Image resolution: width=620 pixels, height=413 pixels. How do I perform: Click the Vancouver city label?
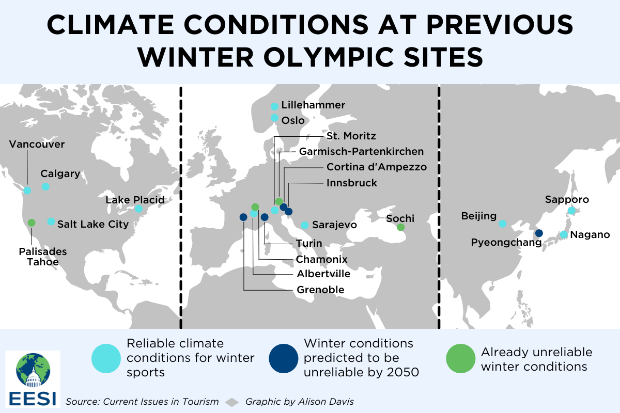37,144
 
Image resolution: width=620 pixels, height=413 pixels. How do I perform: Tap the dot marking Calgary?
45,186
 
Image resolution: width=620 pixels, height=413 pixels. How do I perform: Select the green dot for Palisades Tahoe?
32,223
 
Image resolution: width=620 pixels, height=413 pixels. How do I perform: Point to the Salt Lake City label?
93,224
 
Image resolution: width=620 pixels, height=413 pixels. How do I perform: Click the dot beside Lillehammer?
274,106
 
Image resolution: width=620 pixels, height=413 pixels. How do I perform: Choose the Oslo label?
293,120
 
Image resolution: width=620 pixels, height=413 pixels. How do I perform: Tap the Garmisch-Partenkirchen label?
361,151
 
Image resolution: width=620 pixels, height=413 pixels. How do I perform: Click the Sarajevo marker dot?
304,225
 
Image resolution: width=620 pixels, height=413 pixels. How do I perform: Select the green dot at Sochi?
400,227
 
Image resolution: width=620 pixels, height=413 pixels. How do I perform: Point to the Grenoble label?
320,290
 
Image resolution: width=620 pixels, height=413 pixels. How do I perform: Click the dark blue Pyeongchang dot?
539,233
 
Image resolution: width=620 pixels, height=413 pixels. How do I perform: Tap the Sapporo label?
567,199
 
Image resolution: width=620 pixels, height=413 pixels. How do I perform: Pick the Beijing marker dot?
503,224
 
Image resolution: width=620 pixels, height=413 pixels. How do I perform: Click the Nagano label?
590,234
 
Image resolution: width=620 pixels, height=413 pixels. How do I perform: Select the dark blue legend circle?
284,358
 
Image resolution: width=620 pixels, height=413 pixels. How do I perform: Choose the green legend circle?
460,358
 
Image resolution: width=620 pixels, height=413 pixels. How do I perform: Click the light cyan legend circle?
106,358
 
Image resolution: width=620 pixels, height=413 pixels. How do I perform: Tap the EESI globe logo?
33,370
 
